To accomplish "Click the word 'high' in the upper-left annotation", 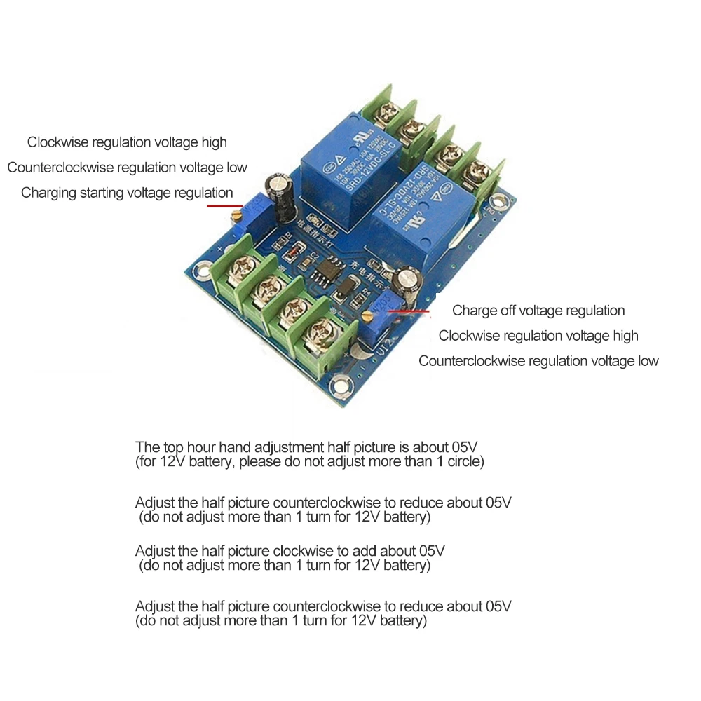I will (212, 142).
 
